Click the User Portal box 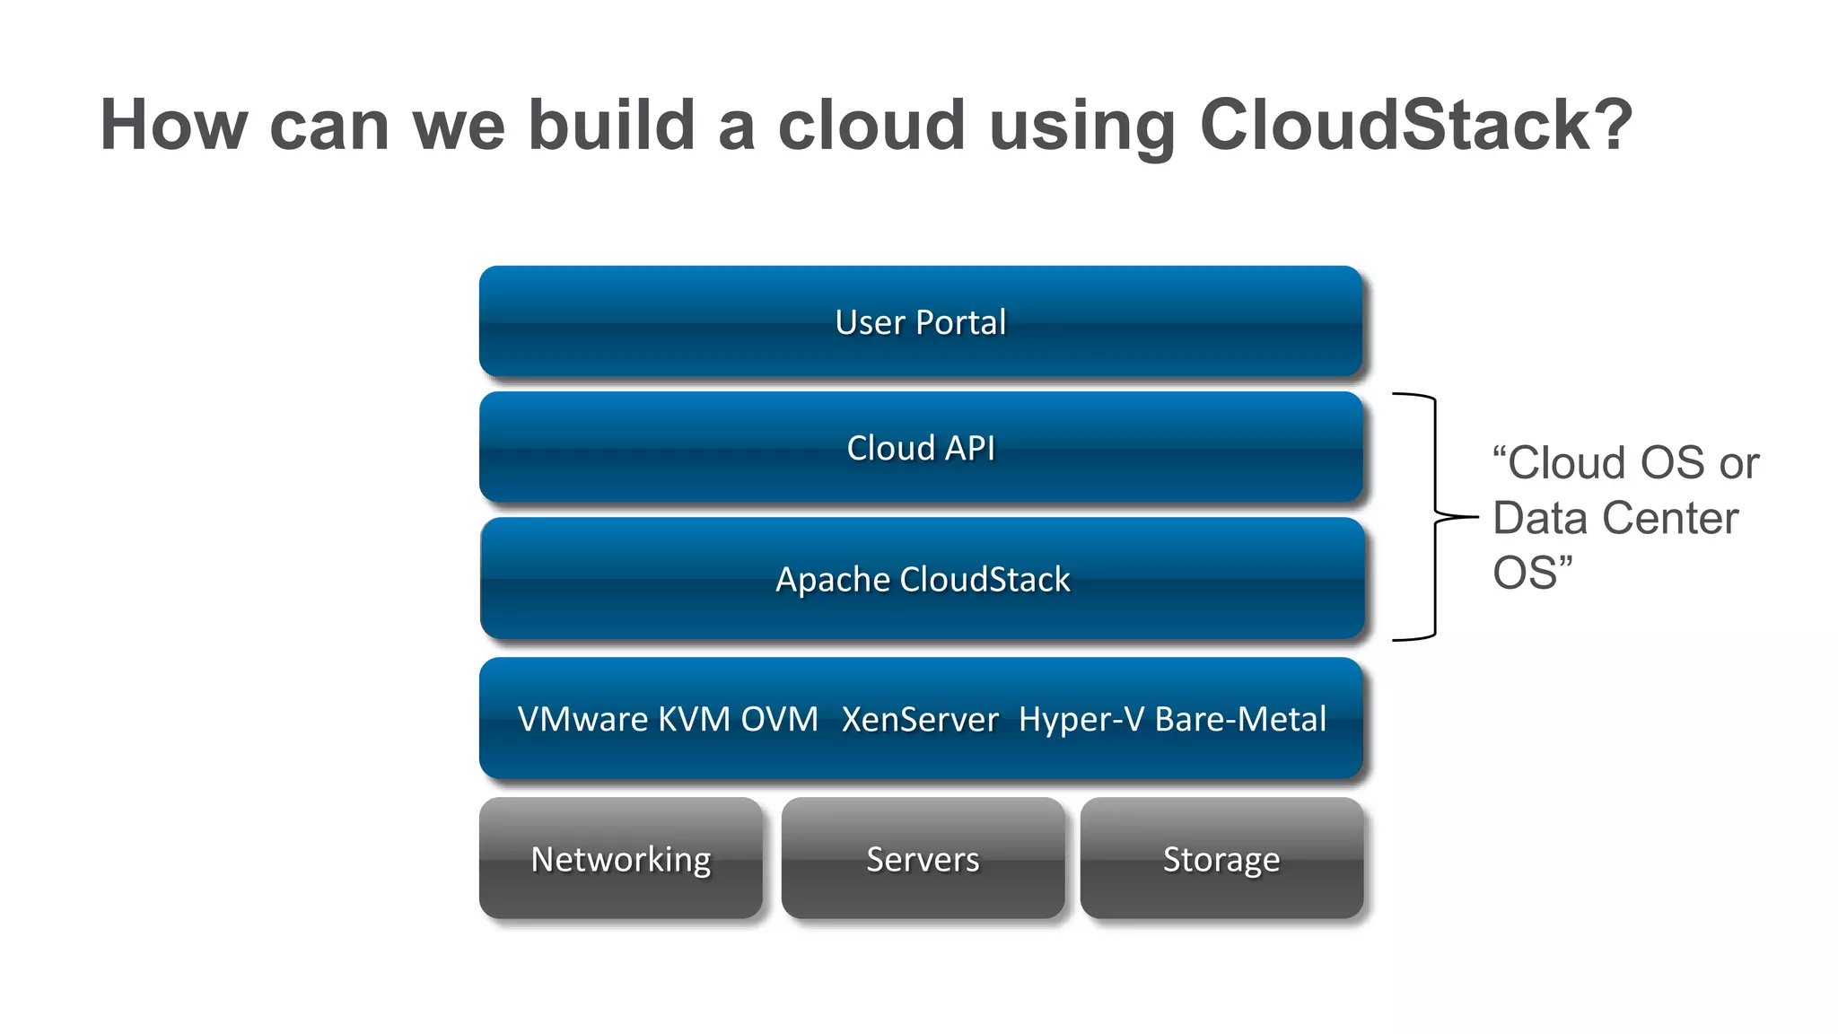(921, 321)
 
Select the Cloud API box (921, 447)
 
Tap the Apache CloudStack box (923, 579)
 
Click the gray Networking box (621, 859)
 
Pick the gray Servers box (923, 859)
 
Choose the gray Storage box (1221, 859)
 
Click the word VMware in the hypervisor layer (583, 720)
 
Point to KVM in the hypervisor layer (693, 720)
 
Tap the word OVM (779, 720)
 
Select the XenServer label (920, 720)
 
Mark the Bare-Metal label (1240, 720)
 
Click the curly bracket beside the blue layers (1435, 517)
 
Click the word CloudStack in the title (1415, 125)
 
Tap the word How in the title (173, 125)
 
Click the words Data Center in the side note (1615, 518)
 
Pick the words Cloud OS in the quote (1606, 463)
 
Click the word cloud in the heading (871, 125)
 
